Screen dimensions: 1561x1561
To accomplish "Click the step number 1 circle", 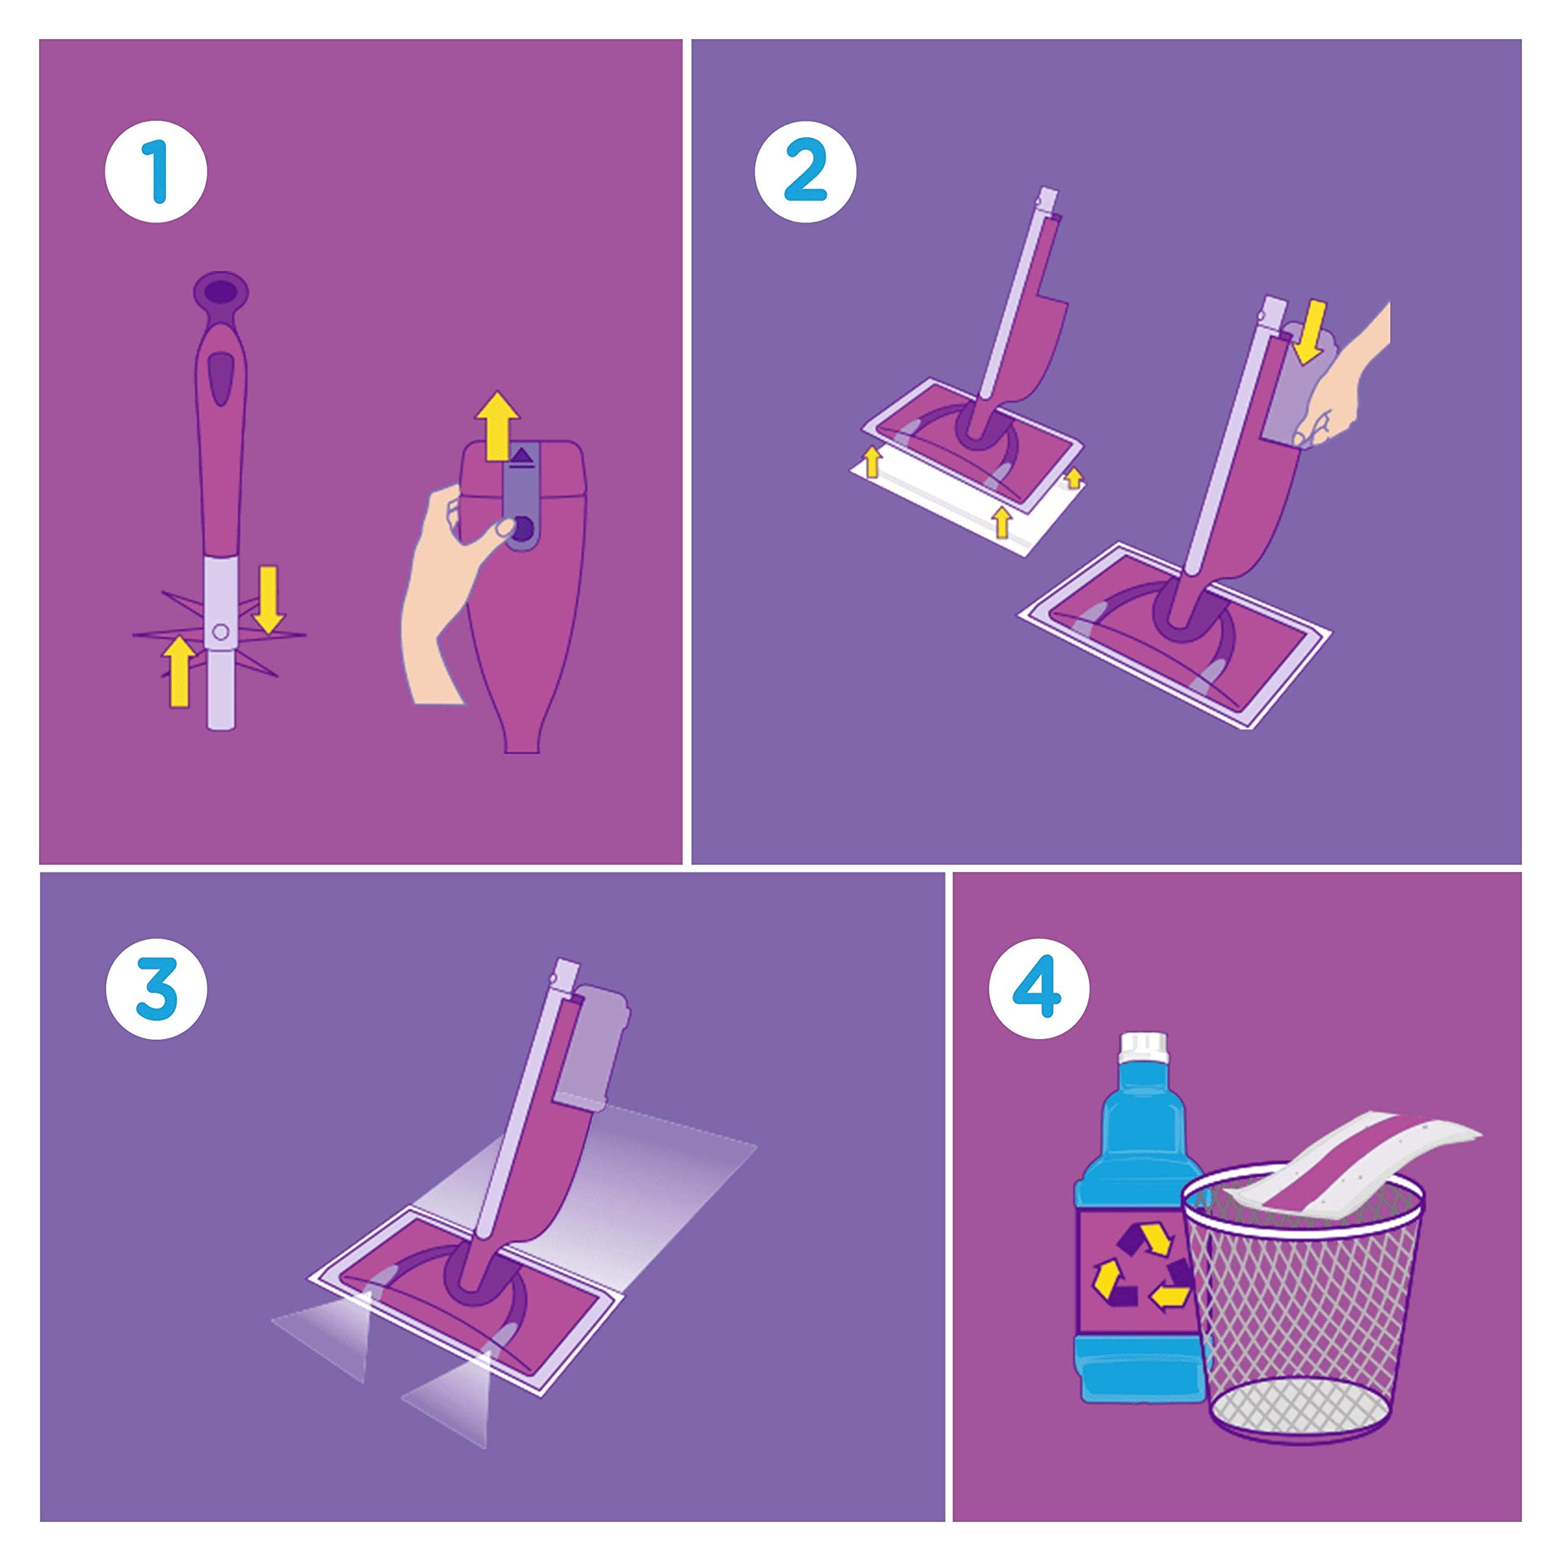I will (x=156, y=171).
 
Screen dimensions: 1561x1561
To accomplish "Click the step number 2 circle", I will (x=806, y=171).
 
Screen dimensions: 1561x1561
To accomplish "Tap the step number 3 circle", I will (x=156, y=988).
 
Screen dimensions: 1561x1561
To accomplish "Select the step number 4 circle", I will (x=1039, y=988).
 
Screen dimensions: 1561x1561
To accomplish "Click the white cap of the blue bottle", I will (x=1141, y=1048).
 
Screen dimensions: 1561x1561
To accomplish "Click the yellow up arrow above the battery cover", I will (x=498, y=424).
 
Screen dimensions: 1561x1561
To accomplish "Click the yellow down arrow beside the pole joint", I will (x=268, y=599).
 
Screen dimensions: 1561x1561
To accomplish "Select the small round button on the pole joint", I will (x=220, y=631).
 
